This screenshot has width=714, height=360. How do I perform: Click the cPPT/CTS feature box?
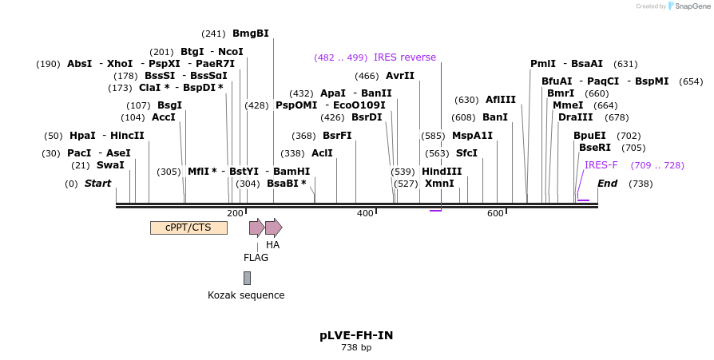coord(188,227)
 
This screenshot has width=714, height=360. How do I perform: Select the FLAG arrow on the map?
coord(256,227)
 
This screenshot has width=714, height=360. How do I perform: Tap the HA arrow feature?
coord(273,227)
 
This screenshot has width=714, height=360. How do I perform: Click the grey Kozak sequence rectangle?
coord(247,278)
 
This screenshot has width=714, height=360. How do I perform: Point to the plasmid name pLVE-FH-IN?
coord(356,335)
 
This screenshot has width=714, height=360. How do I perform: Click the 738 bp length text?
coord(356,348)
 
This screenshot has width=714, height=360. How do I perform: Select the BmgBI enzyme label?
coord(250,34)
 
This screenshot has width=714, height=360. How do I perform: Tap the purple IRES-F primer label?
coord(601,165)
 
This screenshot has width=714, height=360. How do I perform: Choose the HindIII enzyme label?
coord(442,172)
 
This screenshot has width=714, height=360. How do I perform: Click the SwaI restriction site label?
coord(110,165)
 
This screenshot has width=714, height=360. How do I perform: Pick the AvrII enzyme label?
coord(400,76)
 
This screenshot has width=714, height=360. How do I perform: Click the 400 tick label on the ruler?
coord(365,213)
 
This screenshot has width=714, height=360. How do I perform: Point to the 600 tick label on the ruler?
coord(495,213)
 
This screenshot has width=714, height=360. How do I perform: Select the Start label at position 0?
coord(97,184)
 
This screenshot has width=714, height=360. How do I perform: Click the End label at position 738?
coord(607,184)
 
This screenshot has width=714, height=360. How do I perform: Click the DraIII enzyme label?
coord(576,117)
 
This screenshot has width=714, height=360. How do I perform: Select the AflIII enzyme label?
coord(501,100)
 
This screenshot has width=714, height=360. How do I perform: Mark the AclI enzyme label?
coord(322,153)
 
